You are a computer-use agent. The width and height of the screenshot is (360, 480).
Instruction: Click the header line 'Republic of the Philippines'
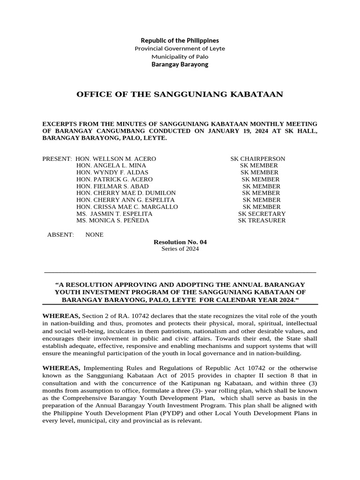point(180,40)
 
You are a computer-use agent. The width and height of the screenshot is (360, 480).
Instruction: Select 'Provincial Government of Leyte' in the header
point(180,48)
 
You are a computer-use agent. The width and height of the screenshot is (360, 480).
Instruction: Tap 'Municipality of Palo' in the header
point(180,56)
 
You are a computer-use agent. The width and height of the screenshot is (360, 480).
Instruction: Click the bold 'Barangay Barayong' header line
point(180,64)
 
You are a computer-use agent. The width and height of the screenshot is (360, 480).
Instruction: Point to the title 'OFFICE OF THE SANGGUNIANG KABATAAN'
point(180,95)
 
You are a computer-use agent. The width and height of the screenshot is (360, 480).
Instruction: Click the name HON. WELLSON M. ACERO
point(119,159)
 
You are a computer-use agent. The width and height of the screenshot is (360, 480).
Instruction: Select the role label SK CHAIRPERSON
point(258,159)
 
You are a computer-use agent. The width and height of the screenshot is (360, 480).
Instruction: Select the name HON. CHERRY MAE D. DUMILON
point(126,193)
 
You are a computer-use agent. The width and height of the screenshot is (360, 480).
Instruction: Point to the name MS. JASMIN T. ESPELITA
point(114,214)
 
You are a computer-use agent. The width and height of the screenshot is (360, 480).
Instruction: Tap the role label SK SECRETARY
point(262,214)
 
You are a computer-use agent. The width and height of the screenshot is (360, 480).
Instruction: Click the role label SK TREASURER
point(262,220)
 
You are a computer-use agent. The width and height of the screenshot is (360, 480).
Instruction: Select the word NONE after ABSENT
point(94,235)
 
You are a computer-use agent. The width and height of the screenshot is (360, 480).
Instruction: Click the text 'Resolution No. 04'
point(180,242)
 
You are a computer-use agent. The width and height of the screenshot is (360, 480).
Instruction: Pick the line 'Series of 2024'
point(180,249)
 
